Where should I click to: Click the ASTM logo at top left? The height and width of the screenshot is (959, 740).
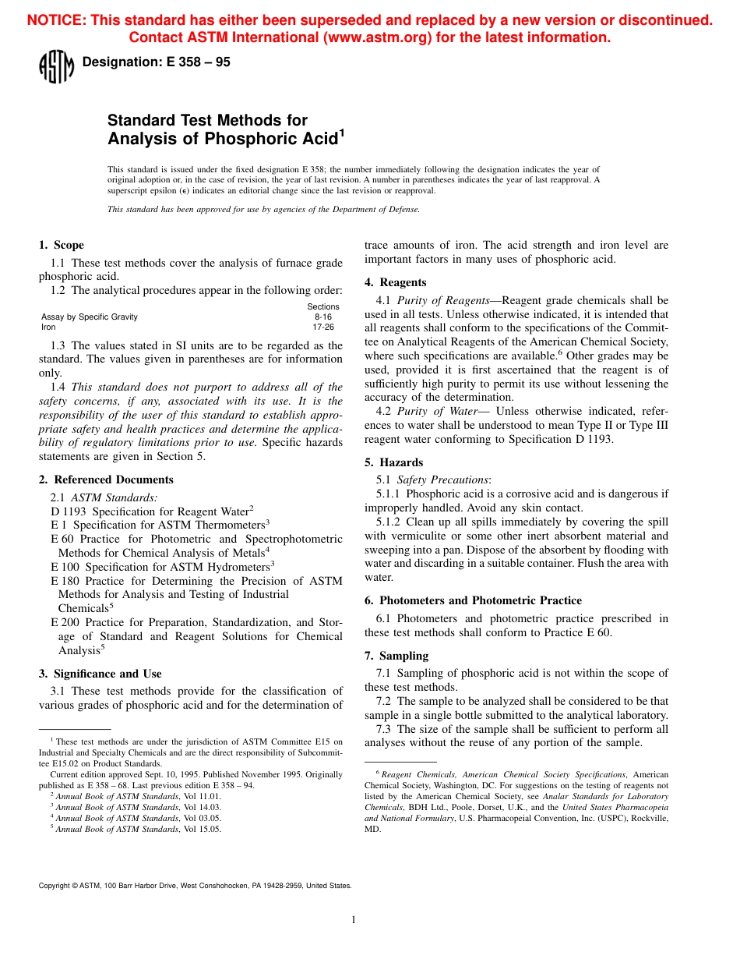(56, 65)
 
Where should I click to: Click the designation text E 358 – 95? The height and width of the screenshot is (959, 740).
(156, 62)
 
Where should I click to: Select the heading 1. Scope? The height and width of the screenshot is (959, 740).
(62, 245)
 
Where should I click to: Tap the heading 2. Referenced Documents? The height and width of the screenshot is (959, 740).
(106, 479)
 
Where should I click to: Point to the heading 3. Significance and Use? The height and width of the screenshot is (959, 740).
(100, 674)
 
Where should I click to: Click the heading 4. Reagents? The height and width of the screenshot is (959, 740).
(396, 282)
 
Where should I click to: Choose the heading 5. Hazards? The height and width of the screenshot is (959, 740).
(394, 462)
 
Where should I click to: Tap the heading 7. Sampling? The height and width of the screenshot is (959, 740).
(396, 656)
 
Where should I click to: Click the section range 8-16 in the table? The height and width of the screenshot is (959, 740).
(322, 317)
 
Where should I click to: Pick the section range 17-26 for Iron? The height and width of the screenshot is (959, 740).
(323, 327)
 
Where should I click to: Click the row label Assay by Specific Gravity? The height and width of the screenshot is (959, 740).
(90, 317)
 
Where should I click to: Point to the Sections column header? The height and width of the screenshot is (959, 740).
(323, 306)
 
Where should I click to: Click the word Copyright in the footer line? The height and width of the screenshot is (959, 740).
(55, 886)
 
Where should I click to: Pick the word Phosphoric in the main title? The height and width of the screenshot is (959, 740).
(253, 140)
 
